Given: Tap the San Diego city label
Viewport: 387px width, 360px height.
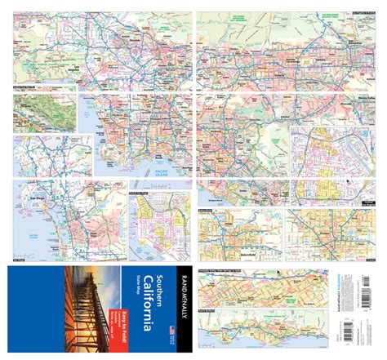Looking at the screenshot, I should pyautogui.click(x=38, y=198).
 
